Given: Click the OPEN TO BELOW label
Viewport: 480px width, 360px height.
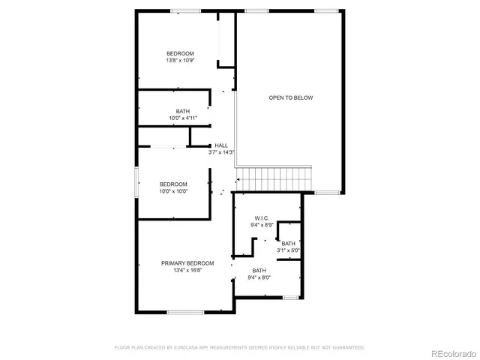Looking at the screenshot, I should (x=291, y=98).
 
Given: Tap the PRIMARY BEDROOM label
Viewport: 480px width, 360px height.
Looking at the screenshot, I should (x=187, y=263).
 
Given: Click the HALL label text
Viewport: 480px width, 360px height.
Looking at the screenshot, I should (x=221, y=145).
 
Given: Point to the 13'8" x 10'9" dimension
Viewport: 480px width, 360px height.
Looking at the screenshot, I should (x=180, y=61).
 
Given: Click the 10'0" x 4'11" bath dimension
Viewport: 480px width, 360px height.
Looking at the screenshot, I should (x=183, y=118).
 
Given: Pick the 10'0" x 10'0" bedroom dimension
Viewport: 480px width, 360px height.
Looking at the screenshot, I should (x=173, y=191).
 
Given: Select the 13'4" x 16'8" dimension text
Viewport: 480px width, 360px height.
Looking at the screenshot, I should (x=187, y=271).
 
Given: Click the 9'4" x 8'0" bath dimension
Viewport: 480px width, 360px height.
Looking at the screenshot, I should (x=259, y=277).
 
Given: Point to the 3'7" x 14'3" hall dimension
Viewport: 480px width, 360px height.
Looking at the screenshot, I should (x=221, y=152).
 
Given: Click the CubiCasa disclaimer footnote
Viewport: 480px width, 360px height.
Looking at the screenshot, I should (x=239, y=348).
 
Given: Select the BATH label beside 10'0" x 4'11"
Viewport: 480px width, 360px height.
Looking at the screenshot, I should (x=183, y=111).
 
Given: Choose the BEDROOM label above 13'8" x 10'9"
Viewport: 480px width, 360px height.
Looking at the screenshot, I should (x=180, y=53).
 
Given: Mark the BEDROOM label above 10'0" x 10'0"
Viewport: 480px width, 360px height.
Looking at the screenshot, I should (x=173, y=184).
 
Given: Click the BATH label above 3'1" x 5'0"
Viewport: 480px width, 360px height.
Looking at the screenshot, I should (x=289, y=244).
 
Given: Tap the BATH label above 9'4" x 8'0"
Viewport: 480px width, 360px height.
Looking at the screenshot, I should (x=259, y=270).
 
